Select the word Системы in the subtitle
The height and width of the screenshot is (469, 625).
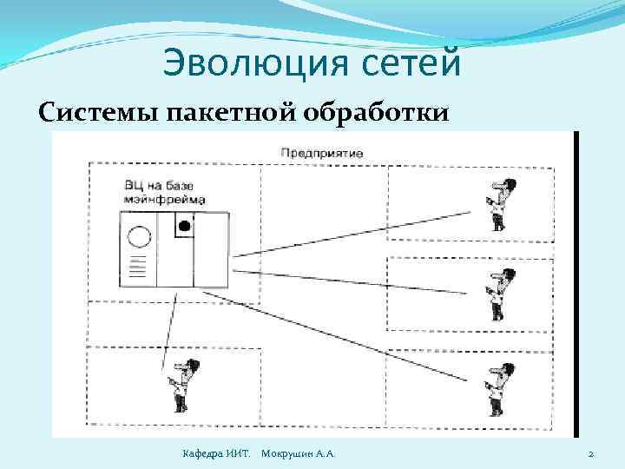point(95,114)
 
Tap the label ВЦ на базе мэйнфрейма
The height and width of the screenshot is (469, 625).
point(165,192)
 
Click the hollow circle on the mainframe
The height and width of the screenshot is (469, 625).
point(139,236)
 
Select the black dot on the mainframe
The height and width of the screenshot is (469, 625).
point(183,227)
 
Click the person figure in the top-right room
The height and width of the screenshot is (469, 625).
point(498,204)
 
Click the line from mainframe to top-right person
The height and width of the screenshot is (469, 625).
point(356,233)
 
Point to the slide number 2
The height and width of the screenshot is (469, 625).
point(590,454)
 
